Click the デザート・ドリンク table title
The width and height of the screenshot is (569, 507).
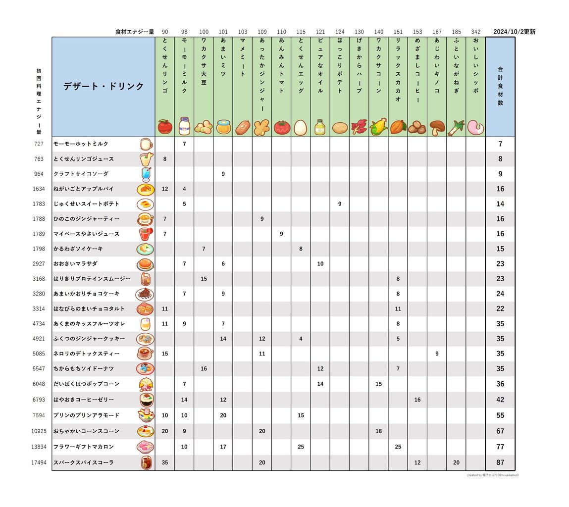103,86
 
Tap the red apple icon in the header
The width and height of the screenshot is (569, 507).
165,127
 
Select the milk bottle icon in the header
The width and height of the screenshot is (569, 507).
184,126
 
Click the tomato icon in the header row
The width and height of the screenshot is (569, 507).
281,127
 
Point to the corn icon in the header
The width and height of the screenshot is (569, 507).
378,127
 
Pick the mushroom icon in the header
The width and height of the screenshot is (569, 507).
437,127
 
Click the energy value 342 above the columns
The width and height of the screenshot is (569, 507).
475,32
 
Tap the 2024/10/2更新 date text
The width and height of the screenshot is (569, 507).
514,32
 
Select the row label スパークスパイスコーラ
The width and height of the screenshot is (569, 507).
84,462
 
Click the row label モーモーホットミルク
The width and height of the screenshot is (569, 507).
81,144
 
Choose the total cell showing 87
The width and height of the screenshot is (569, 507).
500,462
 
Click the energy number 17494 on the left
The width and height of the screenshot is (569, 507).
39,462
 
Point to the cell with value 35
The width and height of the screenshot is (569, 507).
165,462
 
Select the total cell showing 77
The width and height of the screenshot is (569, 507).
500,447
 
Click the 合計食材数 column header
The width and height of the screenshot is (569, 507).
500,86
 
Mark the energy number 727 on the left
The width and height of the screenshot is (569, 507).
39,144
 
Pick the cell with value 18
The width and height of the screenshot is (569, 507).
378,431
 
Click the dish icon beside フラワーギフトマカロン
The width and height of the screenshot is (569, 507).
145,447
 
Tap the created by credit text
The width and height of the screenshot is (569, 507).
493,475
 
